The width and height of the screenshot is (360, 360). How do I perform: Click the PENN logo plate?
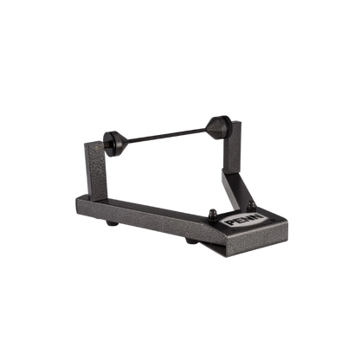pos(244,220)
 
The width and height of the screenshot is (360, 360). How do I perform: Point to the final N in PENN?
pos(258,216)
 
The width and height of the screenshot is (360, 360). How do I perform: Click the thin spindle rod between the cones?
pos(167,136)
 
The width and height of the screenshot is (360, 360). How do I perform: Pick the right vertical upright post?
pos(232,147)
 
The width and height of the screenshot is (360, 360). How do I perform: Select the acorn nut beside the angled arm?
pos(251,205)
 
